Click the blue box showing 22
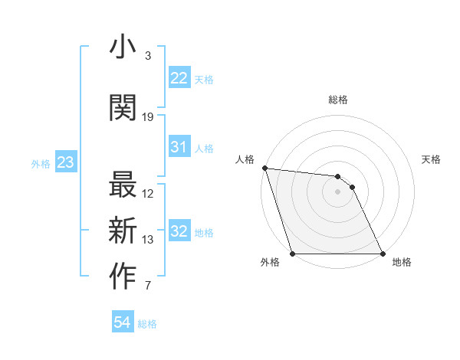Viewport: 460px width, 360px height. click(179, 79)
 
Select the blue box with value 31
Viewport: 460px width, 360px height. click(179, 148)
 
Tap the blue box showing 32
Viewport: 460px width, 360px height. click(179, 231)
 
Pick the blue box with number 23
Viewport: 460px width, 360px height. click(65, 162)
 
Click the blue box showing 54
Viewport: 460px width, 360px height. click(123, 322)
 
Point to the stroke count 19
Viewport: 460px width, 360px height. click(148, 117)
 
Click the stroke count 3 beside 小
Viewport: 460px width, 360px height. click(147, 56)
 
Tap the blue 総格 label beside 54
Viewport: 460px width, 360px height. click(147, 324)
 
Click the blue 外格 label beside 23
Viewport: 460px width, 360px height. click(41, 163)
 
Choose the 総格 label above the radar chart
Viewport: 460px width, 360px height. click(337, 100)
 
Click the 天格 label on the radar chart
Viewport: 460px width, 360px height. click(432, 159)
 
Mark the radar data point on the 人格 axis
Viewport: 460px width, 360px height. click(264, 168)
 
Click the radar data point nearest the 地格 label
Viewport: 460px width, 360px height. click(383, 254)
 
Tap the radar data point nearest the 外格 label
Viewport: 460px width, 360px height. click(292, 254)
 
